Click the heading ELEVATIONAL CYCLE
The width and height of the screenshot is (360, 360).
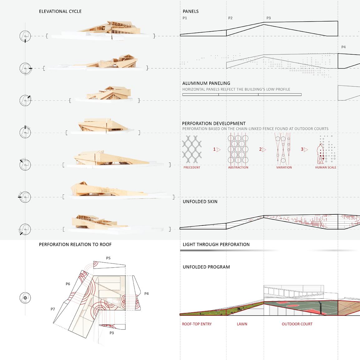(60, 12)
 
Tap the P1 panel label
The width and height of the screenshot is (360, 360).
(185, 18)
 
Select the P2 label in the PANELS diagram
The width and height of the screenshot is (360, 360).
(230, 18)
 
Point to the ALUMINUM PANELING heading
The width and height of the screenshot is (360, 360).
(206, 83)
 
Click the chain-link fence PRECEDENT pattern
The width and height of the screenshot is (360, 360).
(192, 150)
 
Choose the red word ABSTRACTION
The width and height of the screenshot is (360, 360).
(238, 168)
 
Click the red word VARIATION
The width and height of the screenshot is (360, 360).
(284, 168)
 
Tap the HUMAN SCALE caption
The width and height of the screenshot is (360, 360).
(325, 168)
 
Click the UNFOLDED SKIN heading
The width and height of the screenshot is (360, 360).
(200, 202)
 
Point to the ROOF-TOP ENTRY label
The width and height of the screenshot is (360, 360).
(197, 324)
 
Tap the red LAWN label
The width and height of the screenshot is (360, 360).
(242, 324)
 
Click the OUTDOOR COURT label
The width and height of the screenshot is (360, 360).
(297, 324)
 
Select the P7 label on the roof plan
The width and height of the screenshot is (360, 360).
(53, 309)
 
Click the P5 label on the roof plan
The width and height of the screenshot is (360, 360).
(108, 258)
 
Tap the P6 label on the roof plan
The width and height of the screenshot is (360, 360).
(68, 284)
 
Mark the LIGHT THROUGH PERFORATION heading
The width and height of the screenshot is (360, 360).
(216, 244)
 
